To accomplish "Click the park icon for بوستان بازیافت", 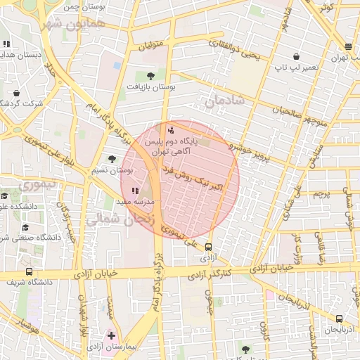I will pos(151,75).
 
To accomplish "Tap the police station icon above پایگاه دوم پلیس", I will pos(171,130).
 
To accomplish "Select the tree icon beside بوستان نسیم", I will pos(112,160).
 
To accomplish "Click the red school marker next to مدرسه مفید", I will pos(135,191).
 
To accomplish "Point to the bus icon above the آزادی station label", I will pos(208,247).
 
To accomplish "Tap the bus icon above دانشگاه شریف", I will pos(29,271).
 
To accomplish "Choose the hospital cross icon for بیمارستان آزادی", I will pos(111,335).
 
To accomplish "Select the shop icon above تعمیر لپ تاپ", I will pos(298,56).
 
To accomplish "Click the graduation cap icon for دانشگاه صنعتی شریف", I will pos(25,228).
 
